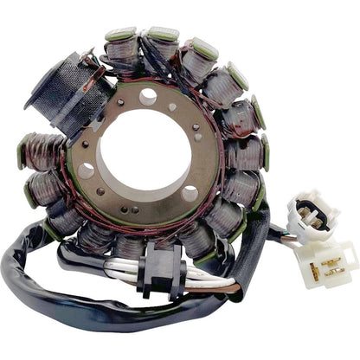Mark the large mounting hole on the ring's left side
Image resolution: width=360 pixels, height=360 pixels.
[87, 170]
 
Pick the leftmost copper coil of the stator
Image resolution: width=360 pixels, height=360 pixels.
[36, 152]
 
